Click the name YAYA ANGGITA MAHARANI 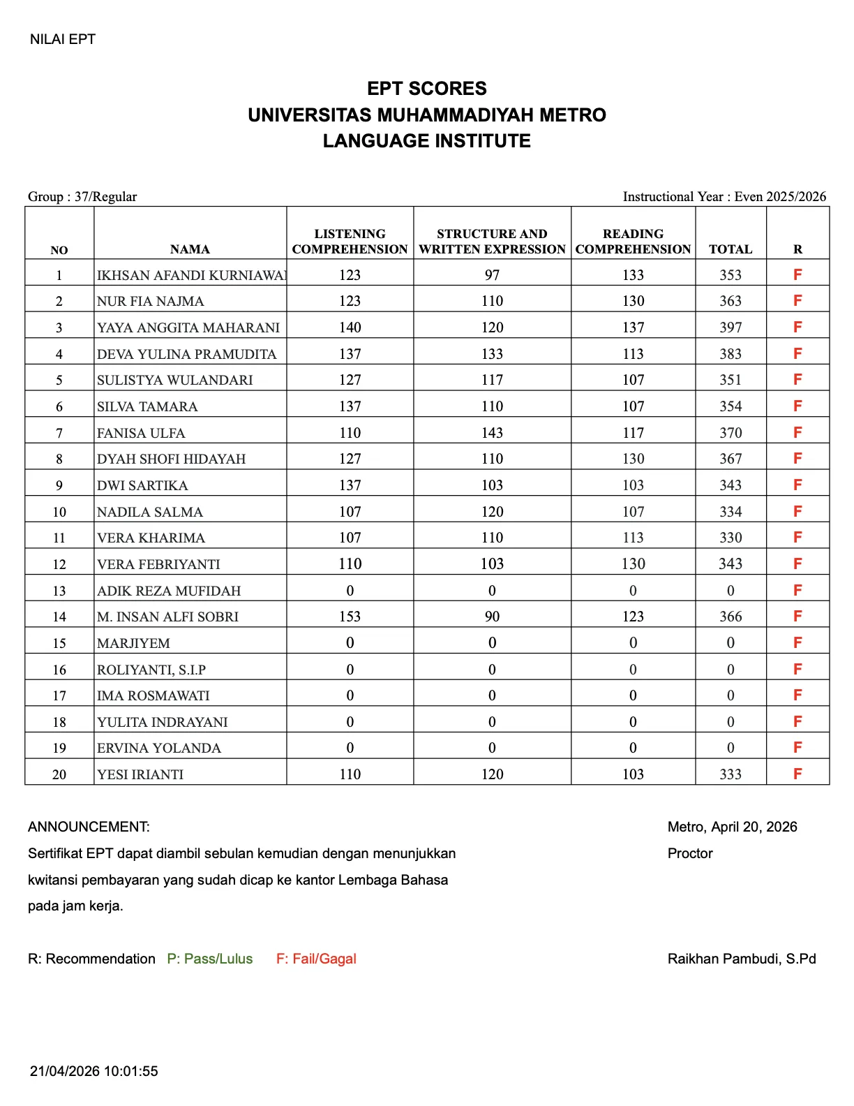[x=188, y=327]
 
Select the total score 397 [x=731, y=327]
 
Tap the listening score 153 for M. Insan [x=350, y=617]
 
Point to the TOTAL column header [x=731, y=249]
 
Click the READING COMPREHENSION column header [x=633, y=242]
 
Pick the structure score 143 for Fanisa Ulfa [x=492, y=433]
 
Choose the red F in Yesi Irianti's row [x=797, y=774]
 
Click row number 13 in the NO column [x=59, y=591]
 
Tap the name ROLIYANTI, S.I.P [x=151, y=670]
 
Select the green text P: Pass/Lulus [x=210, y=959]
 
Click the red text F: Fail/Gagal [x=316, y=959]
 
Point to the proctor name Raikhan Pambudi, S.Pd [x=742, y=959]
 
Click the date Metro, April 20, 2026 [x=732, y=827]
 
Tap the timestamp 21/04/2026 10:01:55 [x=94, y=1071]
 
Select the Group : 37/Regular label [x=82, y=196]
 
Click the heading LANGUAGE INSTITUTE [x=426, y=141]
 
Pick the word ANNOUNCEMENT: [x=89, y=827]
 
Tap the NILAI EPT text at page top [x=63, y=39]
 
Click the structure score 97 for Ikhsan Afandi [x=492, y=275]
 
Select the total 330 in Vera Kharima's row [x=731, y=538]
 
